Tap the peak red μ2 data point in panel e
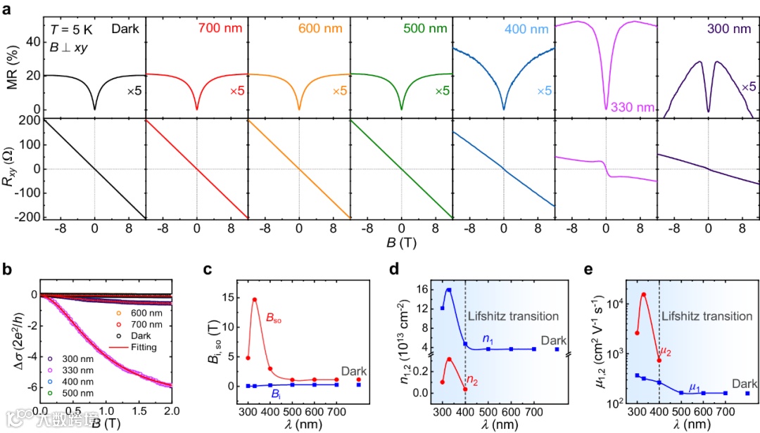[643, 295]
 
